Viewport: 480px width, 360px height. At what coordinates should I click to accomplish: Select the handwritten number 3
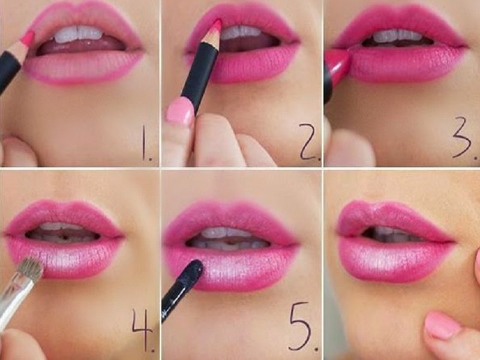click(462, 137)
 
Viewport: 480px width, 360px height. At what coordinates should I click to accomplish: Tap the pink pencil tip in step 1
click(28, 38)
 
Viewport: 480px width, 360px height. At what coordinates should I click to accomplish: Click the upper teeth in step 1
click(79, 34)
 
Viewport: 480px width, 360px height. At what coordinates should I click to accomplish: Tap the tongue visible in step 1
click(80, 47)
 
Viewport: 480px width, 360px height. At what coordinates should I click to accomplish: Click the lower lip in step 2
click(245, 64)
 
